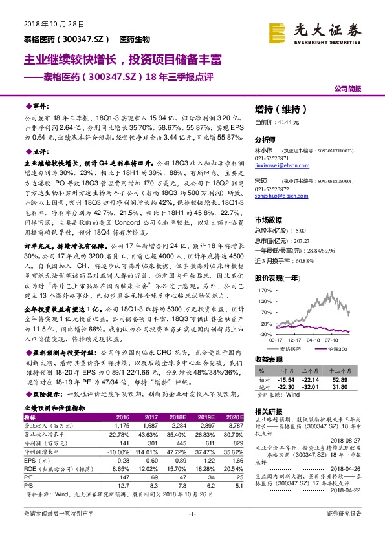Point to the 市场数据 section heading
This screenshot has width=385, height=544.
tap(270, 220)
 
